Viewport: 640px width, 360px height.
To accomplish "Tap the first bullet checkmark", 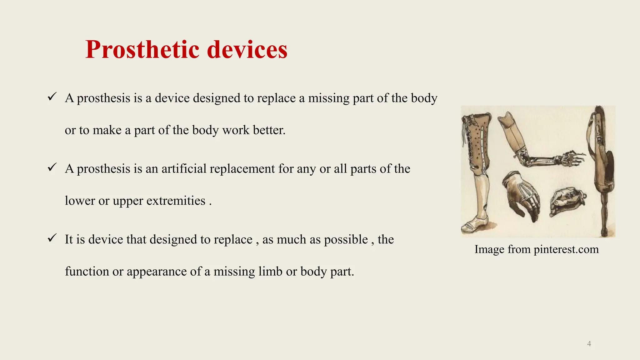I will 52,97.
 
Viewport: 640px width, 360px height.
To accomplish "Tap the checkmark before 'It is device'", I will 52,238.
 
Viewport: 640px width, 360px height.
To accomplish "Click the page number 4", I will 589,344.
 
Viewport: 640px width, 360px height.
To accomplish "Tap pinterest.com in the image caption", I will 566,249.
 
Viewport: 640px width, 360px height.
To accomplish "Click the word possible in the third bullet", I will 346,240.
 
